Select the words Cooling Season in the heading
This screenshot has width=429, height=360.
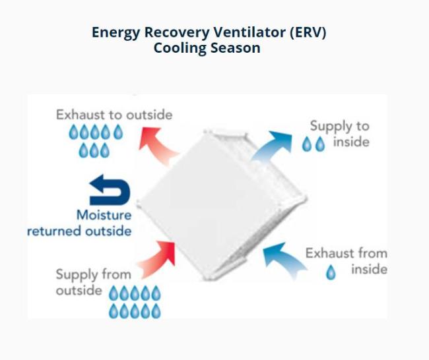pos(207,48)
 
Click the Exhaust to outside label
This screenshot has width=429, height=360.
pos(114,115)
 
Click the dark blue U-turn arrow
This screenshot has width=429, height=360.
pos(110,190)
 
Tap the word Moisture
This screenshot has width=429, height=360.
pos(104,215)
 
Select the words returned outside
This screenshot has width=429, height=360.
pos(79,231)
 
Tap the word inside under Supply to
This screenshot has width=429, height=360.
pos(351,142)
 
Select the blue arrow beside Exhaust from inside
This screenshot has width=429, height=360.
pos(284,258)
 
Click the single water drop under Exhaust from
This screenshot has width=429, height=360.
pos(331,272)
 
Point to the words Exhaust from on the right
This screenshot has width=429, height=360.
pos(346,253)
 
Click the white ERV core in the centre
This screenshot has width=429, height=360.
pos(222,205)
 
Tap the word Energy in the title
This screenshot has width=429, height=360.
pos(115,33)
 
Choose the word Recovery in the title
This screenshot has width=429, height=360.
pos(177,33)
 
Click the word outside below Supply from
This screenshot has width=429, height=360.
pos(79,290)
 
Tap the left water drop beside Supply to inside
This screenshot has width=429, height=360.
pos(306,144)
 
